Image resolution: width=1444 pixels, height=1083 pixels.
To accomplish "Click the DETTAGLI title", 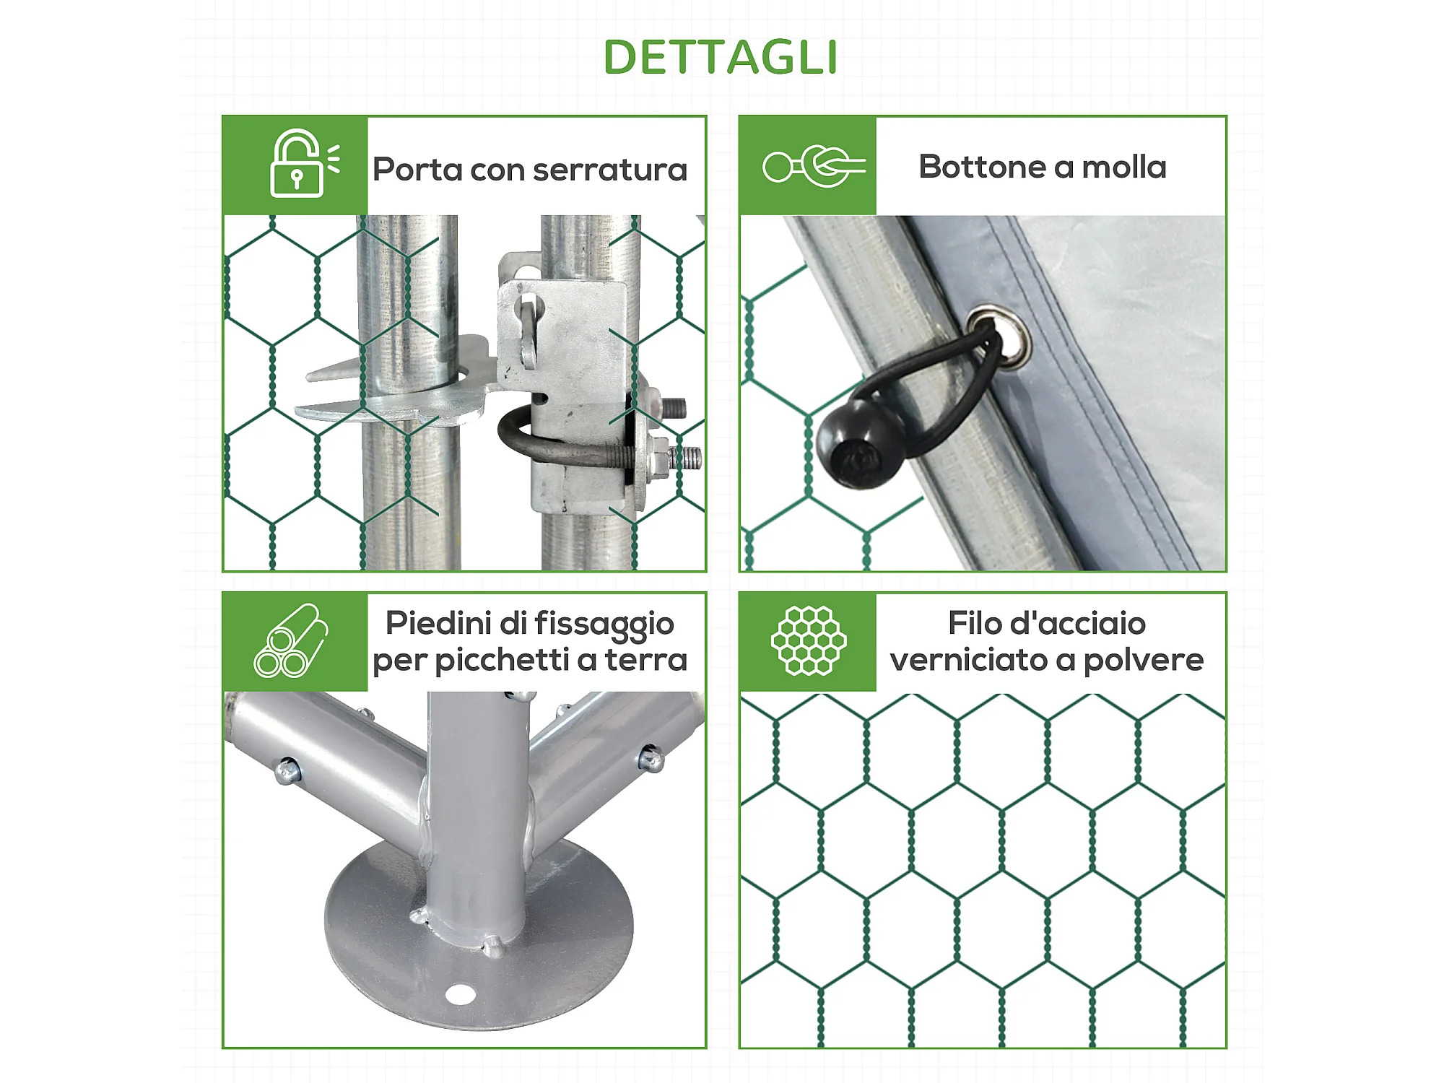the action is [x=721, y=57].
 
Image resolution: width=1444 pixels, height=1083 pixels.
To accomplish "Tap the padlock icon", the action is [x=297, y=164].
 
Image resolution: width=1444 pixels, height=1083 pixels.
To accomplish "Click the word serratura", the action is [x=610, y=170].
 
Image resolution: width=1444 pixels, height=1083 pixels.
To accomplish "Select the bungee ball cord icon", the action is [x=814, y=166].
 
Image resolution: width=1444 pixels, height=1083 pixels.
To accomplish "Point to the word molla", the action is [x=1124, y=167].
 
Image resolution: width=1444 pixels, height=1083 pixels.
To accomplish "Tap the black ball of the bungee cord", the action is [x=858, y=443].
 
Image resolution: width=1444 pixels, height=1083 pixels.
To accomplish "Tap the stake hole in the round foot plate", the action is [x=459, y=994].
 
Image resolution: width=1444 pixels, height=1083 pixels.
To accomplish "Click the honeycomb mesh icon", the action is [x=809, y=641].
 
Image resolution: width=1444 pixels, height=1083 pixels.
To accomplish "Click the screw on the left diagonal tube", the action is [x=287, y=770].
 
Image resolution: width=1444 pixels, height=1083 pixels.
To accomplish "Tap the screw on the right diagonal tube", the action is [x=651, y=758].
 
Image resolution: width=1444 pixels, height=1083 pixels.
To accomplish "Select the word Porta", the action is [x=418, y=170].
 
